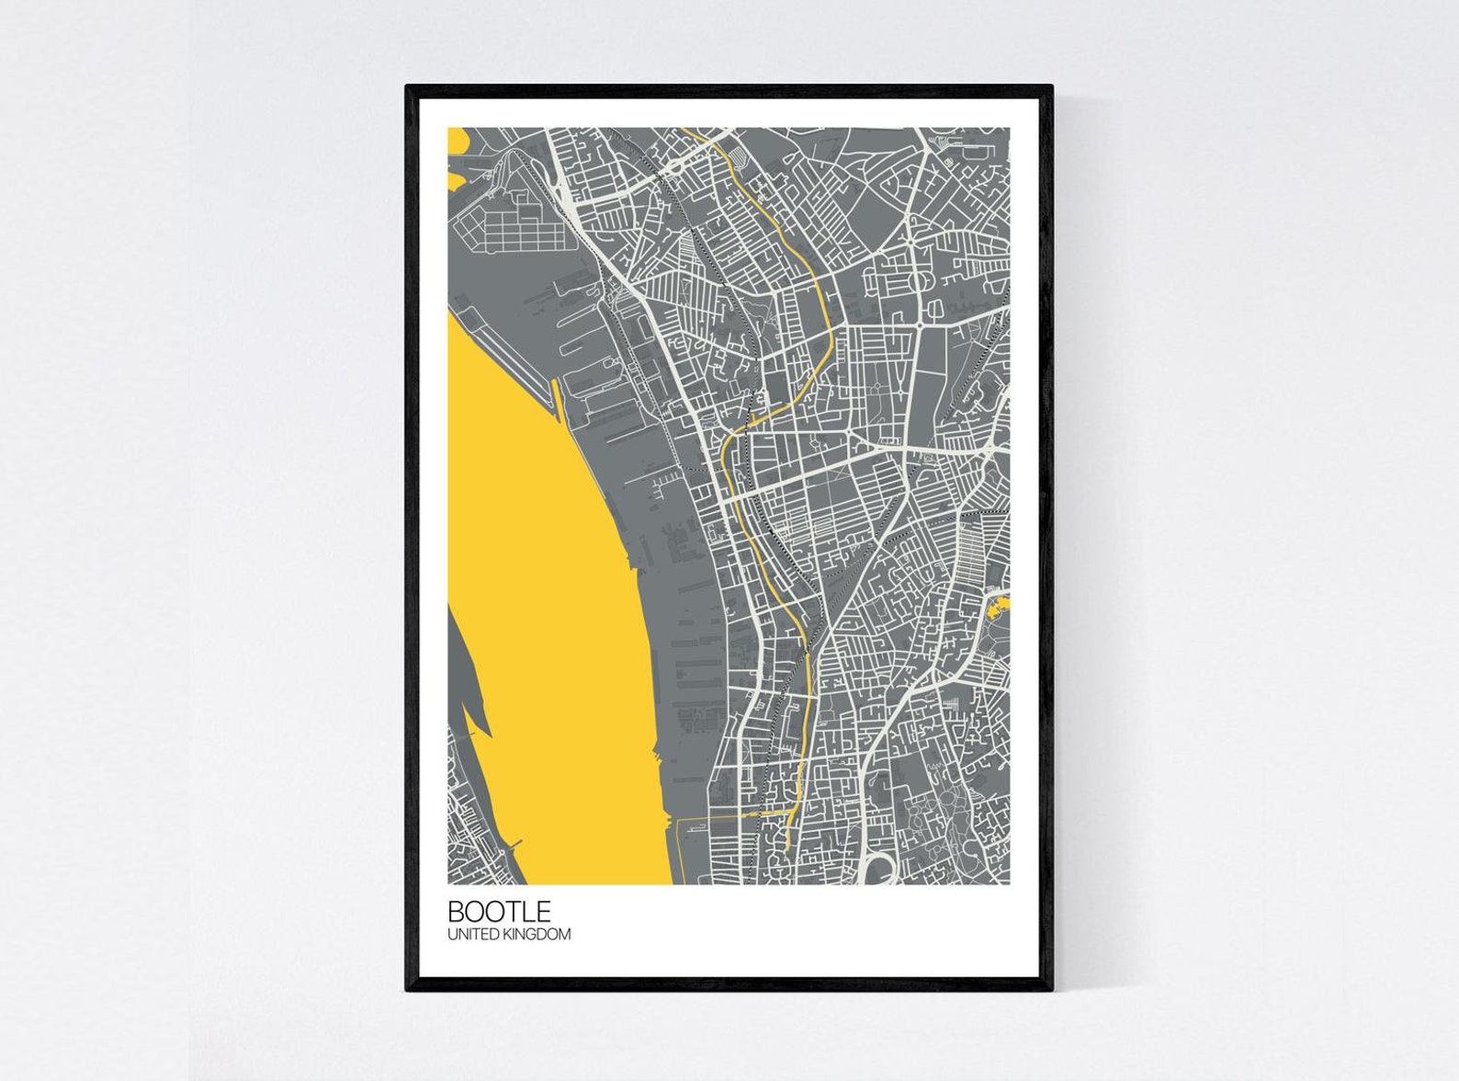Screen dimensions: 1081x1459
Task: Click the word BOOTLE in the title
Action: coord(499,911)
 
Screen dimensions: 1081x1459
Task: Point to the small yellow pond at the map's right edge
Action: coord(998,605)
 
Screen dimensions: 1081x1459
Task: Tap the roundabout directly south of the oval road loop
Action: coord(919,324)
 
